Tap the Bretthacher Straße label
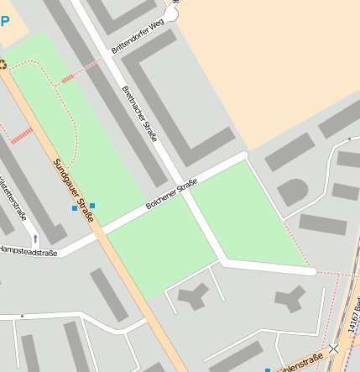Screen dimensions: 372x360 coord(139,113)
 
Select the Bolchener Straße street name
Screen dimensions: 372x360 coord(171,194)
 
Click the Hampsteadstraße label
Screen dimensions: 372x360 coord(28,249)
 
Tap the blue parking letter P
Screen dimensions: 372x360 coord(4,21)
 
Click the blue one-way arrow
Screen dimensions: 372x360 coord(34,239)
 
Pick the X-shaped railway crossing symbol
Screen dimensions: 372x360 coord(335,348)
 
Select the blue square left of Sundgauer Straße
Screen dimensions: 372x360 coord(74,208)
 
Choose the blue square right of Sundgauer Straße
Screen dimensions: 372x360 coord(92,205)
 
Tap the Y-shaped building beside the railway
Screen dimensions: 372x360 coord(291,297)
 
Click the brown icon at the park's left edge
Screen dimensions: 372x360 coord(3,64)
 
